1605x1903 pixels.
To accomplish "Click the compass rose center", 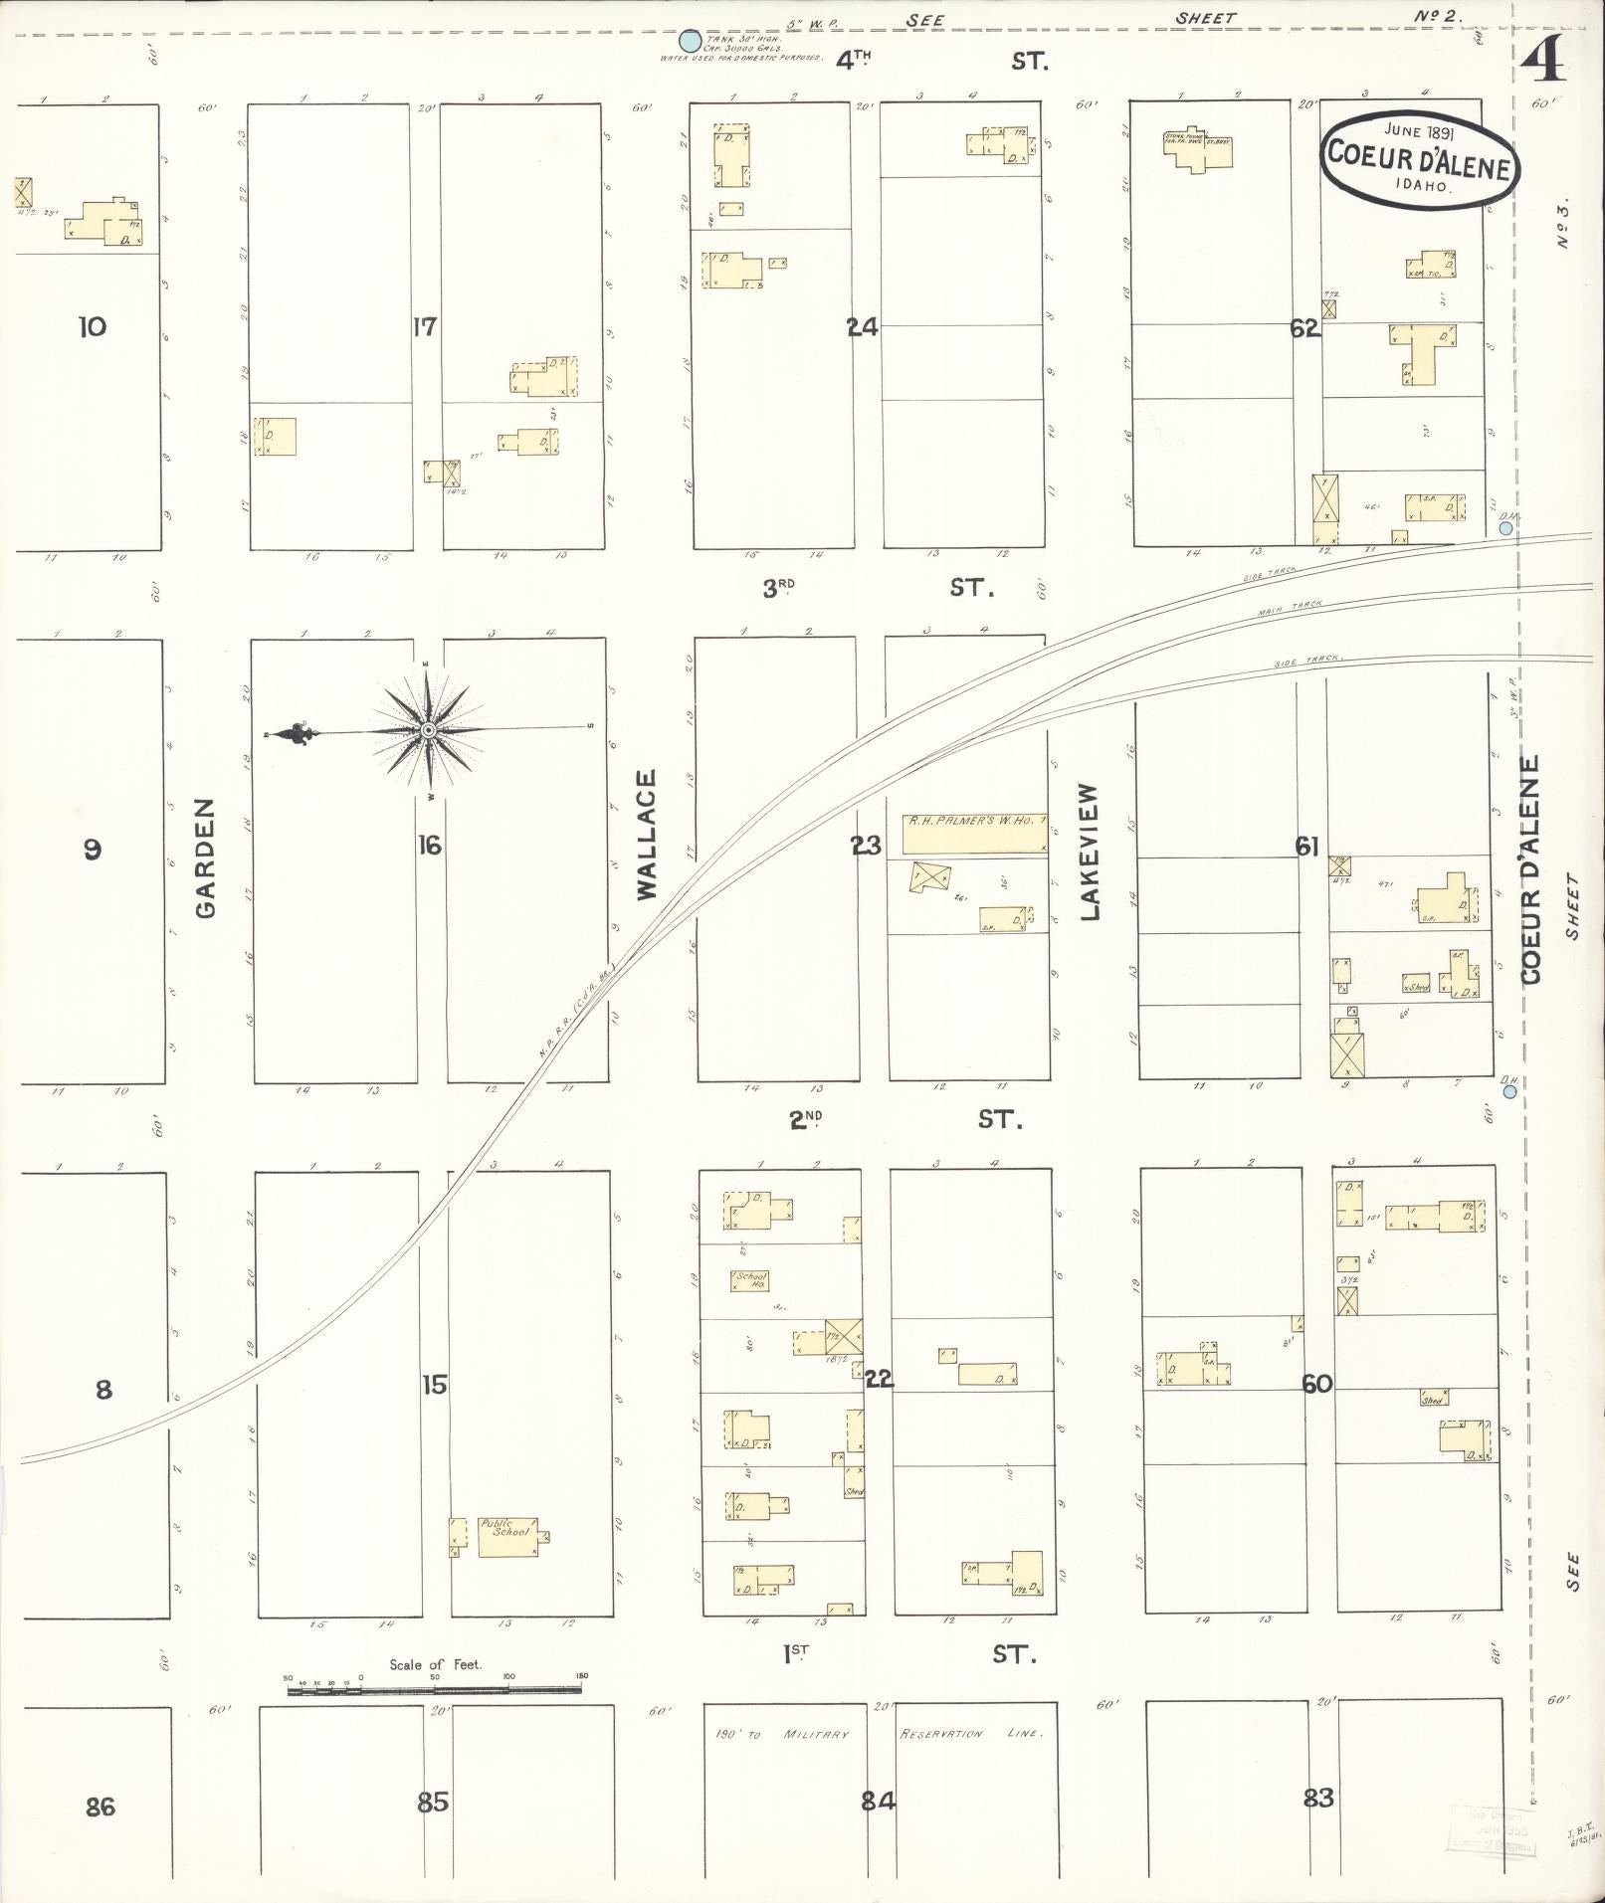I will [428, 731].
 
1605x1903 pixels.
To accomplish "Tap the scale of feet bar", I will [435, 1689].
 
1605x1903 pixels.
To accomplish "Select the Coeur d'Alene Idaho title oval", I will [1419, 160].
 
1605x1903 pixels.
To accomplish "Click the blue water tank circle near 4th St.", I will [689, 42].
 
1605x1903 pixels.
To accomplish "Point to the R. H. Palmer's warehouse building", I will [974, 834].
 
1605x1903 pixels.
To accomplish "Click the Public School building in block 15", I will [507, 1537].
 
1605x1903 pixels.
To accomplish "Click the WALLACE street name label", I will [648, 836].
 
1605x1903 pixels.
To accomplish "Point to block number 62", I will [1304, 328].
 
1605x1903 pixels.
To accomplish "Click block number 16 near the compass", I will [429, 846].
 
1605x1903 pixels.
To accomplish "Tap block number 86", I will [100, 1806].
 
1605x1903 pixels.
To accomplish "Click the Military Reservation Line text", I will [970, 1734].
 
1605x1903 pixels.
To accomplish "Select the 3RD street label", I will [780, 589].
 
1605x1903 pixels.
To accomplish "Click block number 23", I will [865, 846].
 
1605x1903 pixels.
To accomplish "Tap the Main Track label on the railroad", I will [1290, 606].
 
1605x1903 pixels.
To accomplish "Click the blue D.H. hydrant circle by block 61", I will [1509, 1092].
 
